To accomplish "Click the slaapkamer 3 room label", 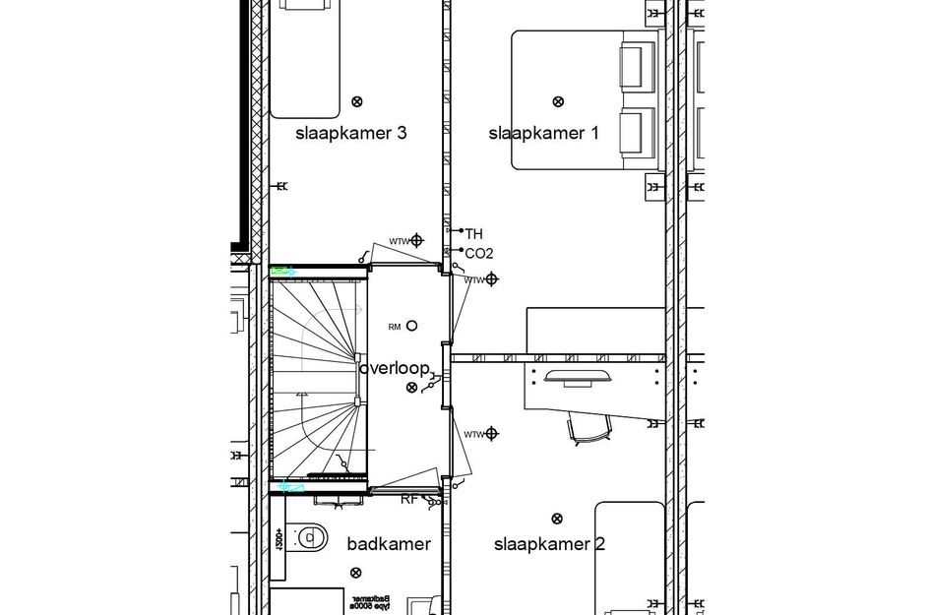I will click(351, 134).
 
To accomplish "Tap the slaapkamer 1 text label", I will click(543, 134).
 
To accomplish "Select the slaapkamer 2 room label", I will click(549, 544).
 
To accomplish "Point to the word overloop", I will click(394, 369).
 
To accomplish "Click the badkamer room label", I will click(389, 544).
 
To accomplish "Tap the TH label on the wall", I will click(473, 234).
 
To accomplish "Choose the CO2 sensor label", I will click(478, 254).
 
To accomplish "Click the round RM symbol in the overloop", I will click(411, 326).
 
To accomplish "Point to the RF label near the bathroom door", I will click(408, 500).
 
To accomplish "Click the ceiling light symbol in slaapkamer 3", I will click(357, 100).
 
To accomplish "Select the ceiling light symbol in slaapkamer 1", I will click(558, 100).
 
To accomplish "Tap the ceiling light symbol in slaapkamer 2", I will click(558, 519).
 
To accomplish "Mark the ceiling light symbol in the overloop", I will click(411, 388).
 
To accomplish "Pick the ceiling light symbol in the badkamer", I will click(355, 572).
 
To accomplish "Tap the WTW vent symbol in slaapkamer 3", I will click(417, 239).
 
